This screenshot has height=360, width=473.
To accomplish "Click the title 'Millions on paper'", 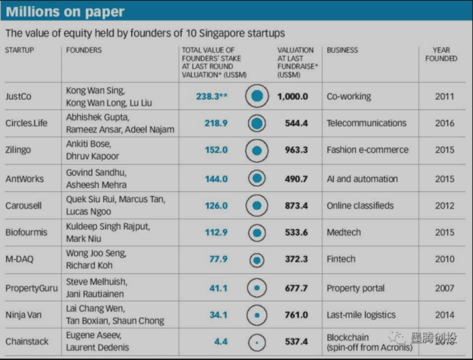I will pos(65,12).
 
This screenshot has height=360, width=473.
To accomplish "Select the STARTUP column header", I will pos(19,50).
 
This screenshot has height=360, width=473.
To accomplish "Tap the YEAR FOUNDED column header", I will pos(441,54).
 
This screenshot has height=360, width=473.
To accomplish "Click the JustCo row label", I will pos(19,97).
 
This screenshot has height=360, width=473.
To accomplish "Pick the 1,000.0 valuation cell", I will pos(292,97).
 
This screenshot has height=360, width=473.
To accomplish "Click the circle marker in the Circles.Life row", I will pos(257,123).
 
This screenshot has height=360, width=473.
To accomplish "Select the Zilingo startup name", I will pos(20,150).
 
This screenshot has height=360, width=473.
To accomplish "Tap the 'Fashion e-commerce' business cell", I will pos(368,150).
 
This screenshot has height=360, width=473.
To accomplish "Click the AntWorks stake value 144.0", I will pos(216,178).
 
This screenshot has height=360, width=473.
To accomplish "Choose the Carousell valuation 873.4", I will pos(296,206).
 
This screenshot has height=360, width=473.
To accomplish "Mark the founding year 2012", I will pos(444,206).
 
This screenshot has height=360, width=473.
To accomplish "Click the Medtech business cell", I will pos(344,232).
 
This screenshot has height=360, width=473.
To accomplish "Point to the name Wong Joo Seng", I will pos(96,254).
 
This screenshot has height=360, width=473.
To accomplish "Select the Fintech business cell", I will pos(341,259).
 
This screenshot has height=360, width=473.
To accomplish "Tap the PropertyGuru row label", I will pos(31,288).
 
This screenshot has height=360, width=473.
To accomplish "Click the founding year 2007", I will pos(444,288).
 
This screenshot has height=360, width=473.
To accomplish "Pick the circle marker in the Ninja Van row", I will pos(257,315).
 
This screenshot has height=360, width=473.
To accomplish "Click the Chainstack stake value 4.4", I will pos(221,342).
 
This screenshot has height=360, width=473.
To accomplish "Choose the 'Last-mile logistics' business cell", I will pos(361,315).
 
